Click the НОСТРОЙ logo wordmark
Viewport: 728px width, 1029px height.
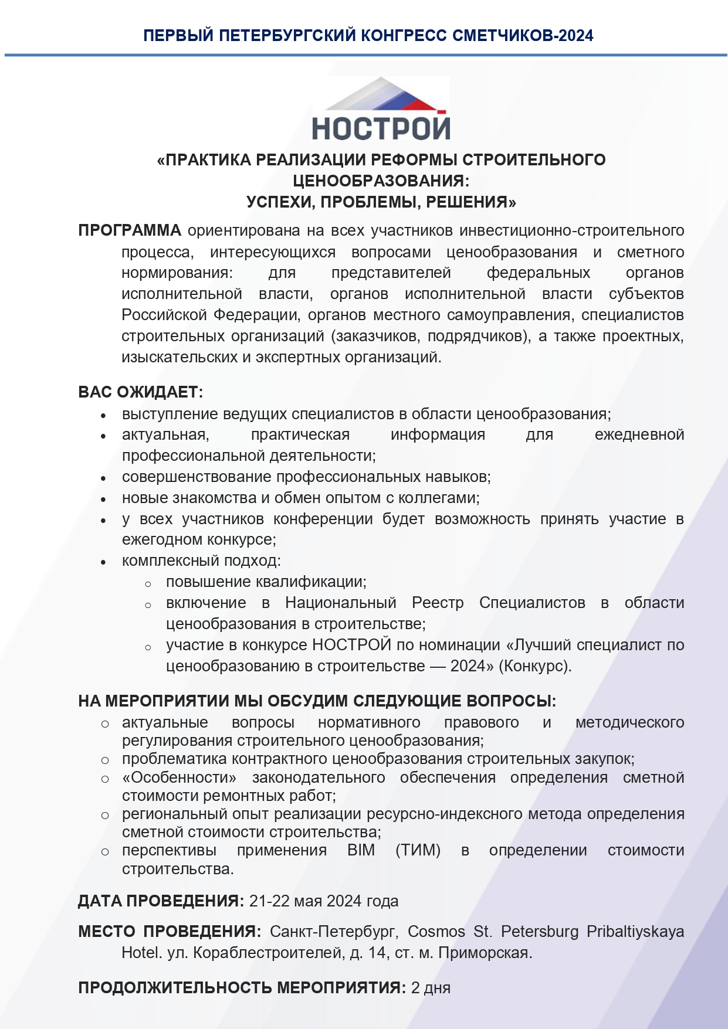[381, 128]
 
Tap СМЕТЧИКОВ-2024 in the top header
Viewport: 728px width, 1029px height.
[523, 36]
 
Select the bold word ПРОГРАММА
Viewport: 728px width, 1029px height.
[130, 230]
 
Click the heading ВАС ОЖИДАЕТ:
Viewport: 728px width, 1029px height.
[140, 392]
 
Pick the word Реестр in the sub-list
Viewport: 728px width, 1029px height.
[437, 603]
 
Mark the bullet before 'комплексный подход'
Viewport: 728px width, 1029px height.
[103, 562]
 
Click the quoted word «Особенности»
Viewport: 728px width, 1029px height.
[180, 777]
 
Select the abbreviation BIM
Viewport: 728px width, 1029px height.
[361, 850]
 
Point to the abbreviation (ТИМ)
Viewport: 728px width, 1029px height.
[418, 850]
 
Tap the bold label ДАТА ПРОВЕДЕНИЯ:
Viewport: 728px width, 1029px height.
[161, 901]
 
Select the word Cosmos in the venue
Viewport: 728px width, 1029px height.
[436, 932]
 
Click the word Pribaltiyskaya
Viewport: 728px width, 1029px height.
[635, 932]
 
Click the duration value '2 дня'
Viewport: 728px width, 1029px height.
[431, 988]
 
